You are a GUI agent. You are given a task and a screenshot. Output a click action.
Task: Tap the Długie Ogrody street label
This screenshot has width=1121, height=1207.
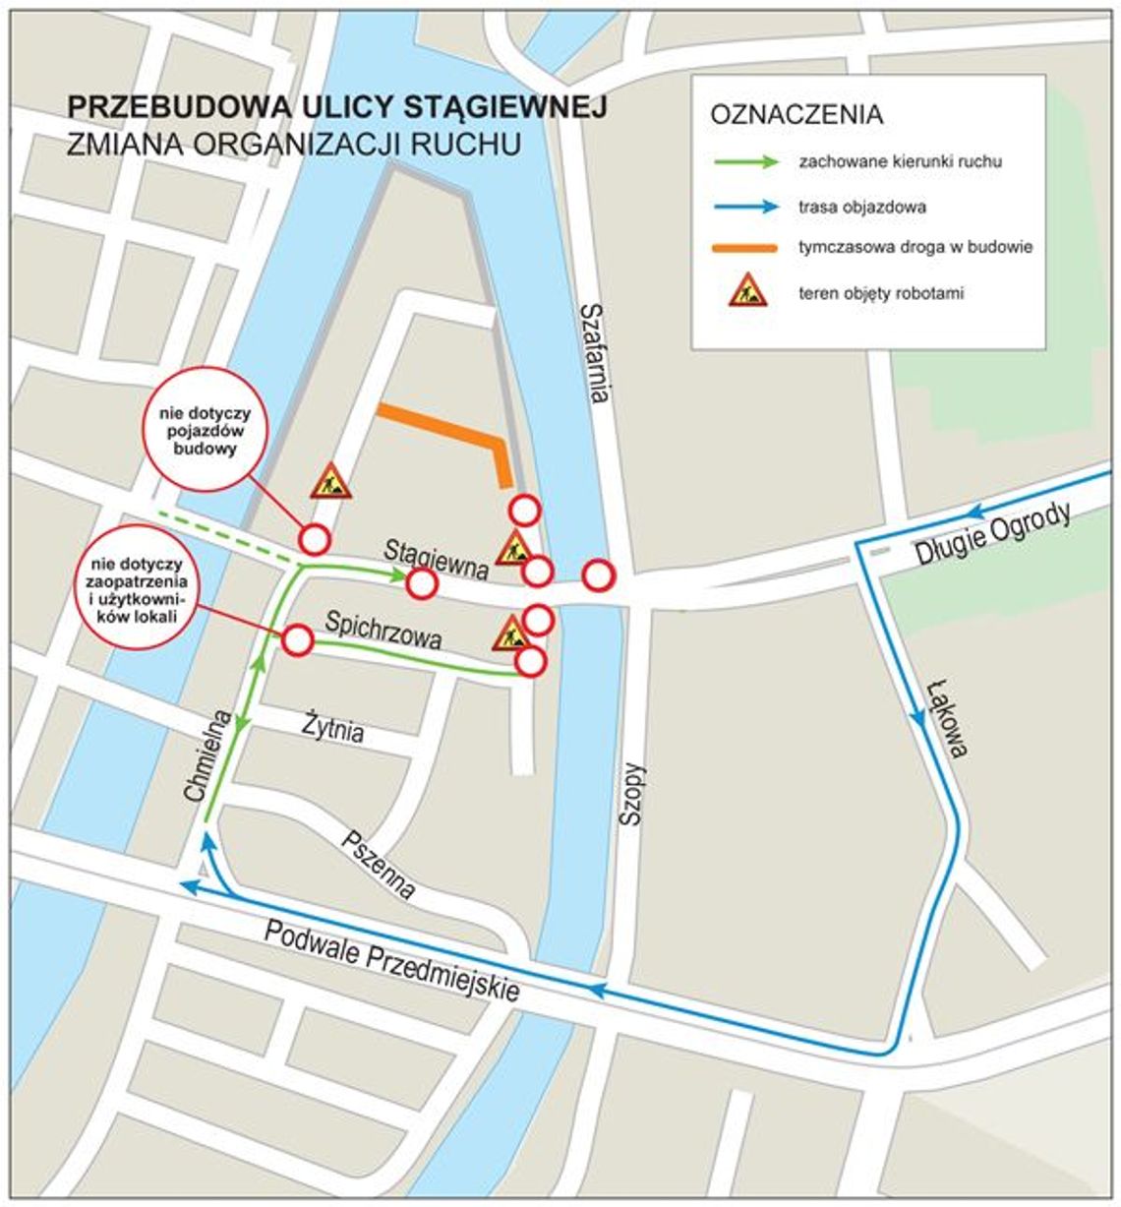coord(993,537)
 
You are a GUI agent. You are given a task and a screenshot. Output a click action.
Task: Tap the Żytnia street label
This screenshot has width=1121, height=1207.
coord(332,729)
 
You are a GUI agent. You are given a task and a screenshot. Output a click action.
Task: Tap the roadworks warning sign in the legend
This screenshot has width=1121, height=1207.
coord(747,290)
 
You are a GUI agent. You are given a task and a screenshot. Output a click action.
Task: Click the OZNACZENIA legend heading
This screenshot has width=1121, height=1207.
coord(796,114)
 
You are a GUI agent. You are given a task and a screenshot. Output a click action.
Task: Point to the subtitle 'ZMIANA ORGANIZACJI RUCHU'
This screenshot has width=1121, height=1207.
coord(293,144)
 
